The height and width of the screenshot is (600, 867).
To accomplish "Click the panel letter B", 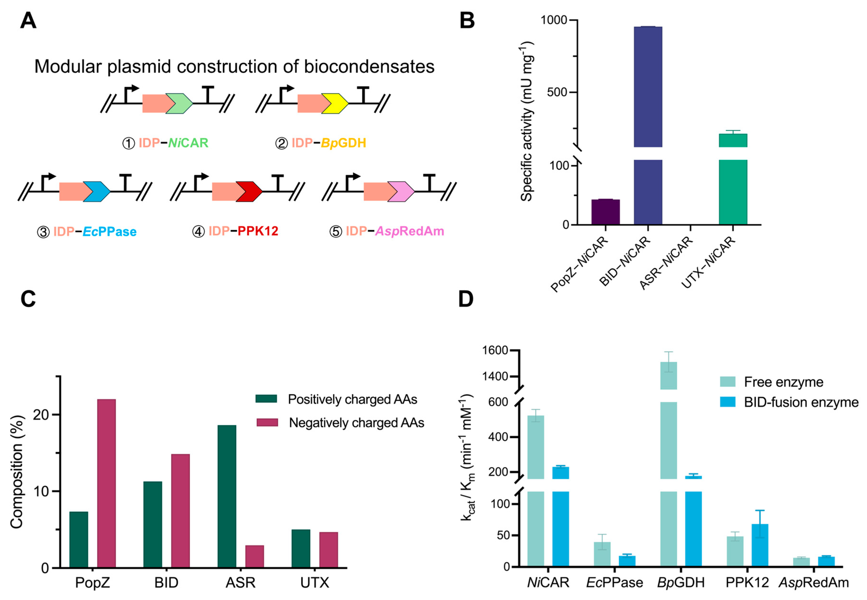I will point(467,21).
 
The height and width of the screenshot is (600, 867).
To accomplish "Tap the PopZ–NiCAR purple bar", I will point(605,212).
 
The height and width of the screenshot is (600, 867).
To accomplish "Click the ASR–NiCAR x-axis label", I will point(666,263).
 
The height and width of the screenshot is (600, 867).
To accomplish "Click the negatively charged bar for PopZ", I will point(107,483).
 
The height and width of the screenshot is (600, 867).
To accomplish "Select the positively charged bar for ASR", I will point(227,496).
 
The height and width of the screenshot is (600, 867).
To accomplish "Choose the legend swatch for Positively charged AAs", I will point(266,399).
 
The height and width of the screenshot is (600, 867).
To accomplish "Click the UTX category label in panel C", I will point(315,583).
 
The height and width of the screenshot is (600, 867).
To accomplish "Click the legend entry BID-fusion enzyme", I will point(801,403).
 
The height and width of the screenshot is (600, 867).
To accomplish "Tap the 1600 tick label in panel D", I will point(495,350).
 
